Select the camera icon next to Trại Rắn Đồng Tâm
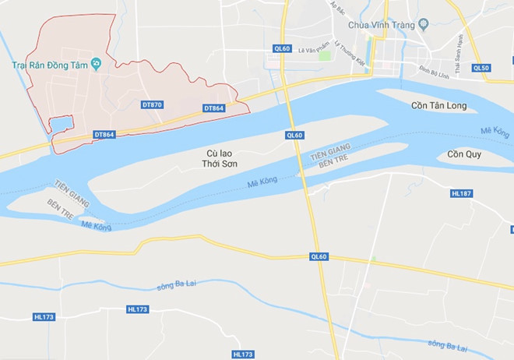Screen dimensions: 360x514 (x=96, y=63)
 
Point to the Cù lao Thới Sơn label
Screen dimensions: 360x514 (x=217, y=159)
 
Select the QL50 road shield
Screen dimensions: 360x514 (x=481, y=68)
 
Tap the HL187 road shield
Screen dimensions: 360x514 (x=462, y=192)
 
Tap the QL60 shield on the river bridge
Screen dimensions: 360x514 (x=294, y=135)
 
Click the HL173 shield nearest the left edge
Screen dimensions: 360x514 (x=44, y=317)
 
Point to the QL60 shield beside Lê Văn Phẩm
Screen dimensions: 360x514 (x=282, y=48)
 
